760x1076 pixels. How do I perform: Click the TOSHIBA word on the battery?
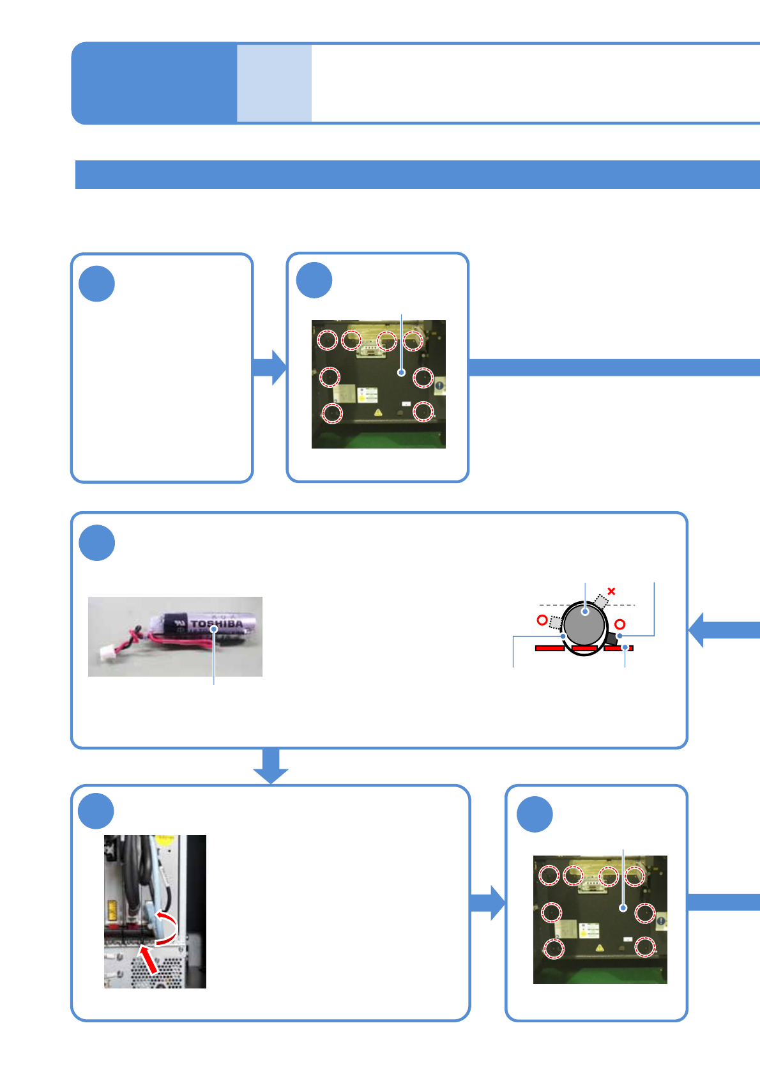[217, 623]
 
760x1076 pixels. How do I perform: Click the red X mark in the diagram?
[611, 591]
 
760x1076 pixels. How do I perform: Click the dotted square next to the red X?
[601, 601]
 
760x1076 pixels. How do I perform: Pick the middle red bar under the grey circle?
[584, 649]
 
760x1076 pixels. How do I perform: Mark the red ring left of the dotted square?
[542, 620]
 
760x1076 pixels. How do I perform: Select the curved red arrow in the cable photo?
[167, 928]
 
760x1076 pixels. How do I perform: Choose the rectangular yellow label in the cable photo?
[112, 909]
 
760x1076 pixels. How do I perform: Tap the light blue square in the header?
[274, 83]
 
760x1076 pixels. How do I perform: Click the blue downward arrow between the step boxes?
[271, 765]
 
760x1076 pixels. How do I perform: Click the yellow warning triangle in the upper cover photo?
[378, 413]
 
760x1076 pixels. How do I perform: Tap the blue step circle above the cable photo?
[96, 811]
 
